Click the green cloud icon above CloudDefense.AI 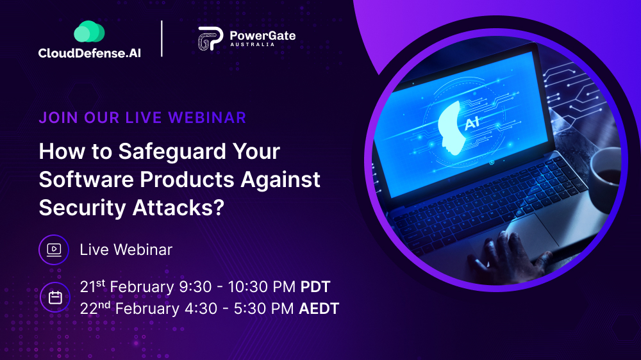[x=89, y=31]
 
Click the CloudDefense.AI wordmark [x=90, y=53]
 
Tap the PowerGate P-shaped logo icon [x=210, y=39]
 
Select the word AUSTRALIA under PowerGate [x=252, y=44]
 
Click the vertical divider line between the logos [x=162, y=38]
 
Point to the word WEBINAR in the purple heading [x=207, y=118]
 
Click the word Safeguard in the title [x=172, y=152]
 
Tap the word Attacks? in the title [x=178, y=208]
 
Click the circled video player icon [x=54, y=250]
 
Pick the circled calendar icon [x=55, y=297]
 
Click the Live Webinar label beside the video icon [x=126, y=250]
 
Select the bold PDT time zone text [x=315, y=287]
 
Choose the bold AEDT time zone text [x=319, y=309]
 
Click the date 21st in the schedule [x=92, y=286]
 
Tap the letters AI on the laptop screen [x=472, y=122]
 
